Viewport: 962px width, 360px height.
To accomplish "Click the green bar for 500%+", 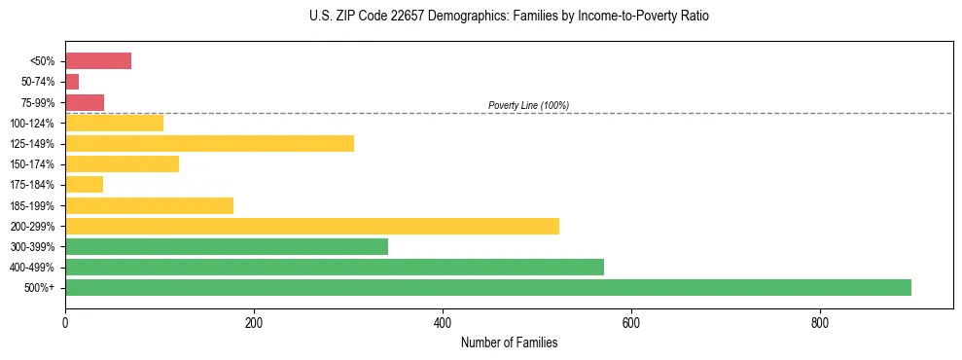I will point(487,287).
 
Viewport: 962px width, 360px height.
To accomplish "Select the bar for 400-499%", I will point(334,267).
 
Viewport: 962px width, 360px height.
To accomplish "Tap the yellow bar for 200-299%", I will point(311,226).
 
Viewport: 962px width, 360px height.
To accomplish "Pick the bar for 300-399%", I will point(226,246).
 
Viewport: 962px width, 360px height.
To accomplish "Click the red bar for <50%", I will point(97,61).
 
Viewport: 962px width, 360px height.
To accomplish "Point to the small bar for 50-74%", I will point(72,82).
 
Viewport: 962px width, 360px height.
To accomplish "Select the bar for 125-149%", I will point(209,143).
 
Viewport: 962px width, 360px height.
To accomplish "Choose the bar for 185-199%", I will point(149,205).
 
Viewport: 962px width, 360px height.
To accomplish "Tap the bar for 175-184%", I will point(84,185).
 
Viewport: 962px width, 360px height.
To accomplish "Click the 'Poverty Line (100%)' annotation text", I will point(528,105).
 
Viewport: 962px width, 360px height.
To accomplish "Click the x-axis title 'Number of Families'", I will point(509,342).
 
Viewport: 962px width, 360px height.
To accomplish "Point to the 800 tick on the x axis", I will point(819,323).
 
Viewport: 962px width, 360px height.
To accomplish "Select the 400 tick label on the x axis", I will point(442,323).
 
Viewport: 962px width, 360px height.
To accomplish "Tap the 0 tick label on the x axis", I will point(65,323).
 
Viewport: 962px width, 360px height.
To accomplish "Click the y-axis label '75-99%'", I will point(37,103).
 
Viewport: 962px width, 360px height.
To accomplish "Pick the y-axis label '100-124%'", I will point(32,124).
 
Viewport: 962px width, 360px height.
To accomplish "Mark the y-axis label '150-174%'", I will point(32,164).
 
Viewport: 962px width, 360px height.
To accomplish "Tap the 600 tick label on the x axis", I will point(630,323).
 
